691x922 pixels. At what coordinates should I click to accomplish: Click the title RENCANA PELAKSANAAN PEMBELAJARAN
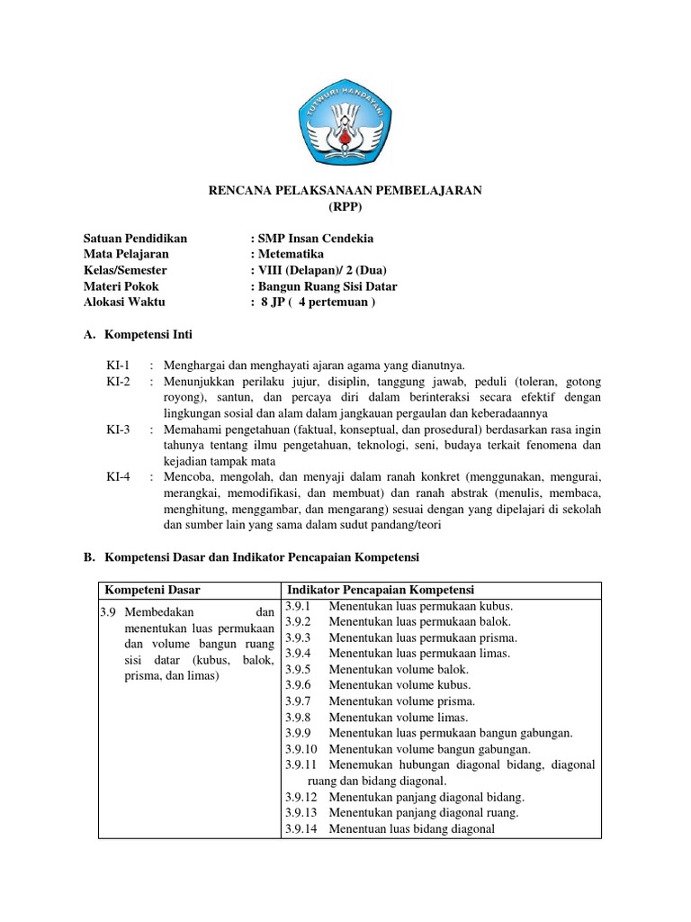(345, 190)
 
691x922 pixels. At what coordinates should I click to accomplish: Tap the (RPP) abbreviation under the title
(345, 206)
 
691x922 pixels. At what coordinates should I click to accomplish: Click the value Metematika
(291, 255)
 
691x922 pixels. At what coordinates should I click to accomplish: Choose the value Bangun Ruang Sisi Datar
(327, 287)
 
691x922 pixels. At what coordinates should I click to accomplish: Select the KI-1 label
(118, 366)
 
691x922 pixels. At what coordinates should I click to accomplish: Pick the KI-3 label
(118, 430)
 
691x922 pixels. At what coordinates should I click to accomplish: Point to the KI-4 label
(118, 477)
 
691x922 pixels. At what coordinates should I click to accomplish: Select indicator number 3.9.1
(297, 606)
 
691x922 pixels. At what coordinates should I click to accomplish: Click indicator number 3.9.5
(297, 669)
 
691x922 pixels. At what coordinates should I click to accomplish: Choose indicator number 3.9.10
(301, 748)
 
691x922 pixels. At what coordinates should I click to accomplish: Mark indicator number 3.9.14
(301, 828)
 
